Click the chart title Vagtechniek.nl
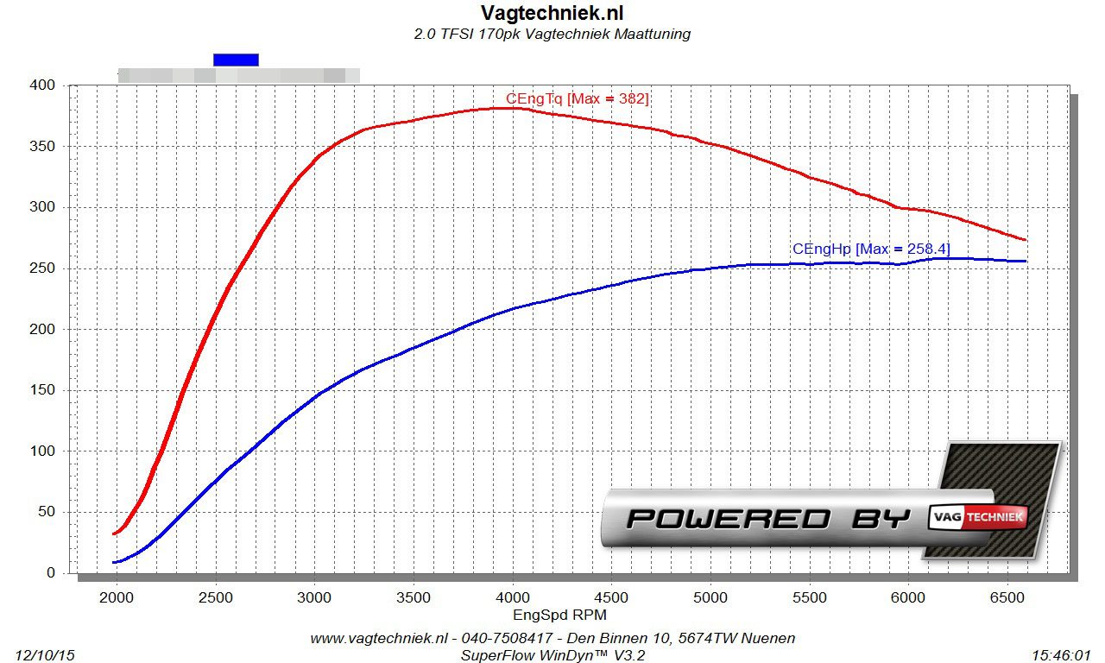tap(552, 13)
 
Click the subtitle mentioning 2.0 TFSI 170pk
tap(552, 35)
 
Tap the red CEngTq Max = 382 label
tap(577, 99)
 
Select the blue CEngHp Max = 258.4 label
tap(870, 249)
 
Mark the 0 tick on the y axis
tap(51, 573)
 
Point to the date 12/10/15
tap(45, 655)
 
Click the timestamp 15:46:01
tap(1061, 655)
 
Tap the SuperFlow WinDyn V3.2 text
tap(552, 655)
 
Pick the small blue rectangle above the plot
tap(236, 60)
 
